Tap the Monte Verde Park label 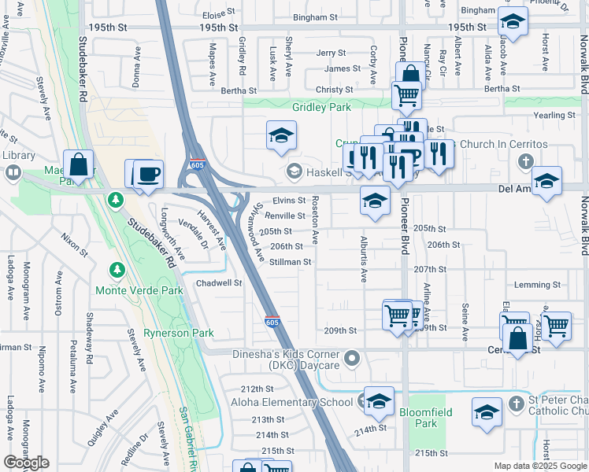pos(139,290)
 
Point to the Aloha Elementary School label pos(291,403)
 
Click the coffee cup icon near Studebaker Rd pos(148,174)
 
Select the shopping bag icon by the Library pos(79,165)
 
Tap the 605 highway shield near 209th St pos(272,322)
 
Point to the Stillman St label pos(291,262)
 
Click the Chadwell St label pos(218,282)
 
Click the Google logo pos(27,463)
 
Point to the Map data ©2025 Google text pos(540,466)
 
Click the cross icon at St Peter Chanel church pos(517,404)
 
